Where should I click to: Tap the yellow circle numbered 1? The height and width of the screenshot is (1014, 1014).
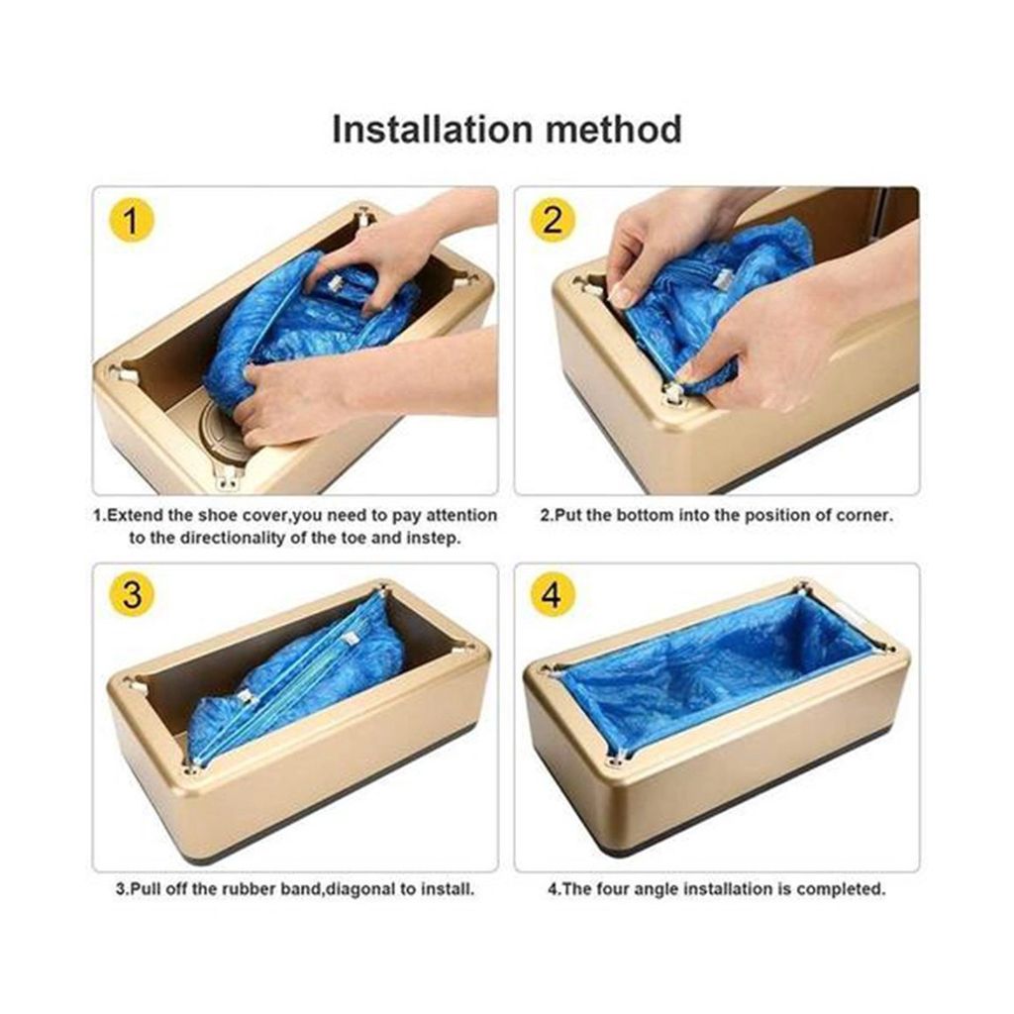132,221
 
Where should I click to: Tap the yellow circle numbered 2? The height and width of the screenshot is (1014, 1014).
553,221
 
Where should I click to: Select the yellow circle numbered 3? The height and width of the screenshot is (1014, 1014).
132,594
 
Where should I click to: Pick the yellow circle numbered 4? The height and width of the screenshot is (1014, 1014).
553,594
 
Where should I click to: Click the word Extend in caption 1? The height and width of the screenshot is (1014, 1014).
134,515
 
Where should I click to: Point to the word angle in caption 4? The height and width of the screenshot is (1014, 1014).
658,890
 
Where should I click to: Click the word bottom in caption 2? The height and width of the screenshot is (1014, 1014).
642,515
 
